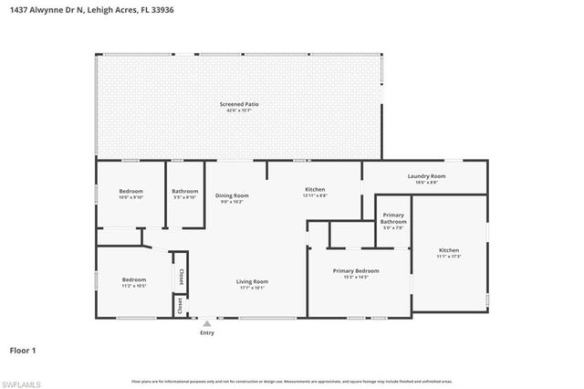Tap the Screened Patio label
point(239,105)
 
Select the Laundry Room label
point(426,175)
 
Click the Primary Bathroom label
point(393,219)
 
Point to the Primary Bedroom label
point(356,270)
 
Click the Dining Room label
point(232,194)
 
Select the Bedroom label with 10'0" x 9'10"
point(131,191)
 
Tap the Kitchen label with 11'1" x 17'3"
point(449,250)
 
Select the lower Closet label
point(181,306)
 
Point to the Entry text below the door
point(207,333)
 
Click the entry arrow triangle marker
point(207,323)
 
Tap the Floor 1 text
point(22,349)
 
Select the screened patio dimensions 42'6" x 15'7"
point(239,111)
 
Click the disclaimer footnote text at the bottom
point(292,380)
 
